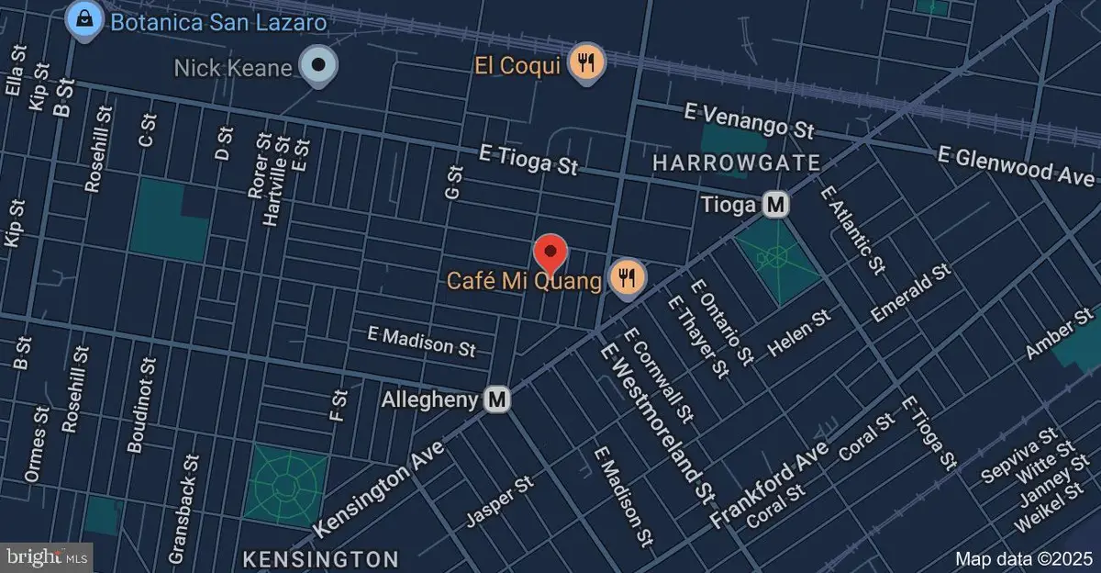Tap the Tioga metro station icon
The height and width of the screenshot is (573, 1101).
776,205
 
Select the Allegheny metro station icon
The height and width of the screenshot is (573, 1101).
497,399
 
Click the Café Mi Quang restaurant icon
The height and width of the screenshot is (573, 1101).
627,275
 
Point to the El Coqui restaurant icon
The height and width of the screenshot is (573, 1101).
585,63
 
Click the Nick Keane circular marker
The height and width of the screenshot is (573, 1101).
319,65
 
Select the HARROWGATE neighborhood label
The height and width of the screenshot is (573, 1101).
736,163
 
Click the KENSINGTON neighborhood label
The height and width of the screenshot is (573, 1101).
320,559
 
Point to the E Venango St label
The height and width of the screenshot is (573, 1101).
750,120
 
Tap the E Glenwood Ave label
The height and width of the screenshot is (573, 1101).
1016,165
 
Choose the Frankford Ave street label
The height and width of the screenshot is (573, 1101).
770,484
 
